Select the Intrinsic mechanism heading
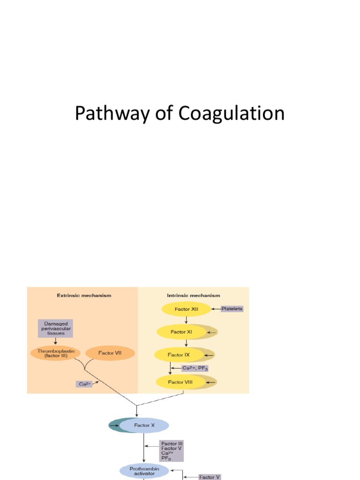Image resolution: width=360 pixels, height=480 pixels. tap(194, 296)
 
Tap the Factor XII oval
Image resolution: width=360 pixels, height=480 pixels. tap(186, 309)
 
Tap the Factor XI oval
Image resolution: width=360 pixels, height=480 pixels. tap(181, 332)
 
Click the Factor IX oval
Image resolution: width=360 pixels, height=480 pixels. tap(180, 355)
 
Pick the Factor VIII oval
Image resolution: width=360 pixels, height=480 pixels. tap(181, 382)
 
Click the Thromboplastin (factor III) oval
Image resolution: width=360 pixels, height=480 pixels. tap(55, 353)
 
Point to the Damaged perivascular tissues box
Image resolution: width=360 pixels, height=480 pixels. tap(55, 328)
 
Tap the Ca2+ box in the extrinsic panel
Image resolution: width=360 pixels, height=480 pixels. tap(84, 384)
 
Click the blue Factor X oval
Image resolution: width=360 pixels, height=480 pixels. tap(144, 426)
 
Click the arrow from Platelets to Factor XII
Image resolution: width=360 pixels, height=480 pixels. tap(216, 309)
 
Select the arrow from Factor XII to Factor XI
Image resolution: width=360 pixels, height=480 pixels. tap(186, 320)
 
